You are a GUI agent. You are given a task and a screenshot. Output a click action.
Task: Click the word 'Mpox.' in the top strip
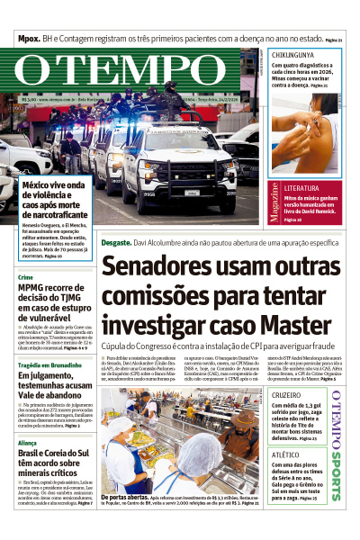tap(33, 40)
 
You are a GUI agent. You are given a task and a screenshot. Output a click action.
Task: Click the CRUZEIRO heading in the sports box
tap(286, 394)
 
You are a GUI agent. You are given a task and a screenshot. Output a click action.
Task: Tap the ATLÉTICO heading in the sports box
tap(285, 455)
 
